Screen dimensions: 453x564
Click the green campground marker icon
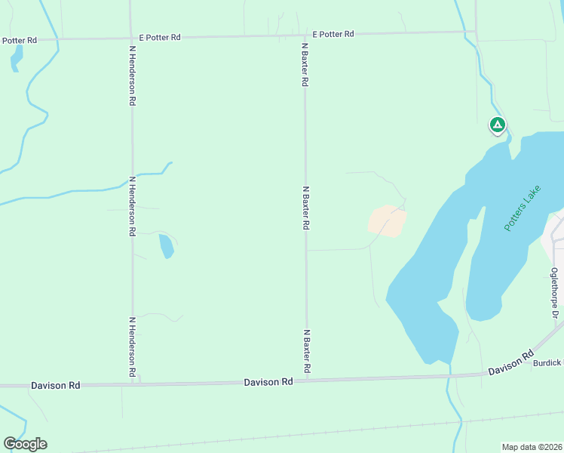click(497, 125)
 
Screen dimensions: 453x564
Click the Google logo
click(25, 444)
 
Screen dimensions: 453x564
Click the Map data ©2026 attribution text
click(532, 446)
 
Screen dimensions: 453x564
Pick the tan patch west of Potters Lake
click(387, 220)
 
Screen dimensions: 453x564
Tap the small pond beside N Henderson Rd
click(166, 245)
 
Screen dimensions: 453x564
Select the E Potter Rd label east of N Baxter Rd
click(333, 34)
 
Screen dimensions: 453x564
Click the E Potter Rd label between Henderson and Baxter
click(160, 36)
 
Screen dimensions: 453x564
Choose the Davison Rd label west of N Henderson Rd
click(55, 385)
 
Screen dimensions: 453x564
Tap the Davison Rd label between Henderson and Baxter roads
click(268, 382)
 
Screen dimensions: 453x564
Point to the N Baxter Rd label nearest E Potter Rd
click(305, 65)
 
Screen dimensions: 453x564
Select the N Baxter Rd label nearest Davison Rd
click(306, 351)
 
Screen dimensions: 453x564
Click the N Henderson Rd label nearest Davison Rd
click(132, 347)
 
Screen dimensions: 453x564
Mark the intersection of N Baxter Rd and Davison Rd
click(306, 381)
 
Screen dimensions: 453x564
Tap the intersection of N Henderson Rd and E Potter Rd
click(131, 38)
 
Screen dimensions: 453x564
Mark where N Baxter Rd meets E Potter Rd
click(305, 35)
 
